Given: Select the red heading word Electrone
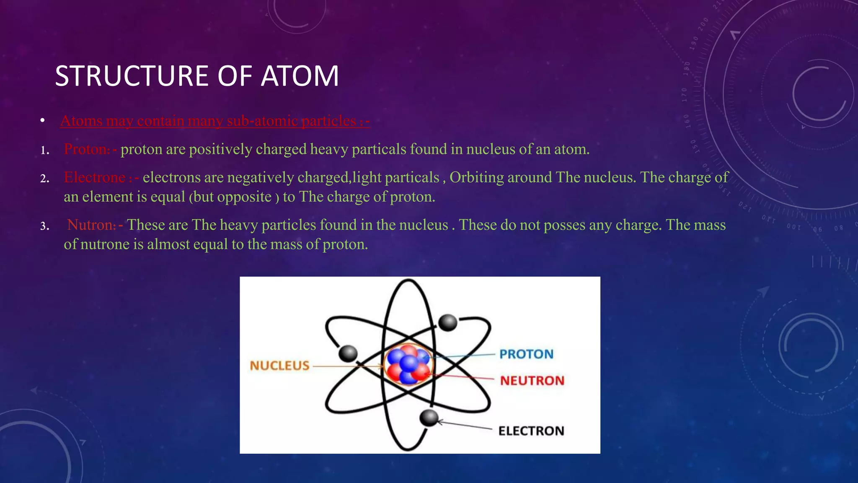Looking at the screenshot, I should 95,177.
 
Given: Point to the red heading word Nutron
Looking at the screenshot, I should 91,225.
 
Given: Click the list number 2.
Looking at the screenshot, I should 44,179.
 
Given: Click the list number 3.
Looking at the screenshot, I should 44,227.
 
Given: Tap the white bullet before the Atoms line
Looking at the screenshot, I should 42,121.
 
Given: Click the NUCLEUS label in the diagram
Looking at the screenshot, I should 279,366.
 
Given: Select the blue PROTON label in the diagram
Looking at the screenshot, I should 526,354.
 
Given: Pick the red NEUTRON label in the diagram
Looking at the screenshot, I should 532,381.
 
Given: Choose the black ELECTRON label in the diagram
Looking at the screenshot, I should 531,431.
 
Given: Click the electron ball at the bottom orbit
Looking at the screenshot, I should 429,418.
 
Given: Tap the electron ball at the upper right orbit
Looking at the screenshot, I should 447,322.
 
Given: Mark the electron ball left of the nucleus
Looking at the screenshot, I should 348,353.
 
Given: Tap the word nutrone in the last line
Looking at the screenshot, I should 105,244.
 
